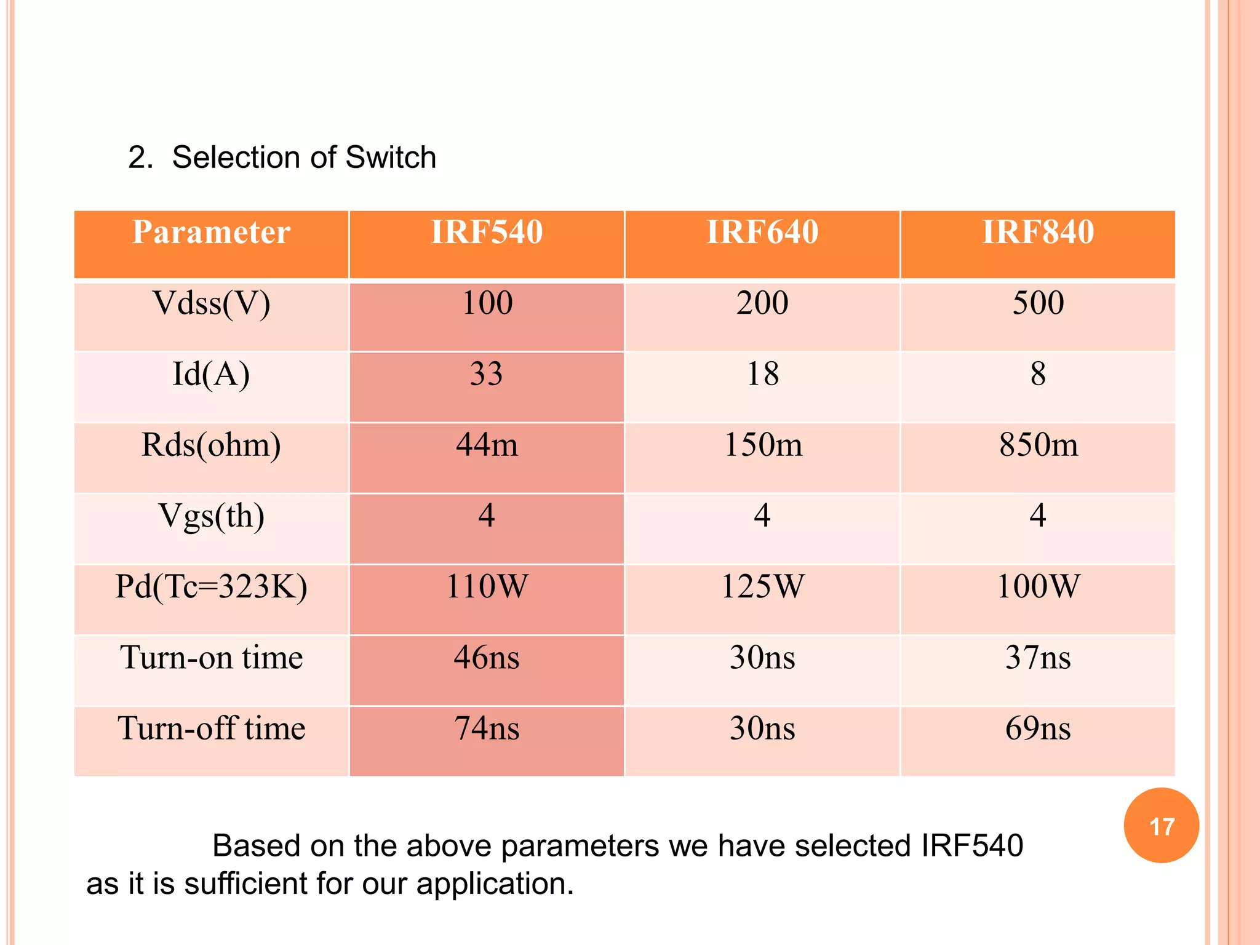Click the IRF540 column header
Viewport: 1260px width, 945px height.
point(487,233)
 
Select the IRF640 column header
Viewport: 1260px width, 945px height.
point(762,233)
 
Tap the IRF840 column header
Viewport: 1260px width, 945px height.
point(1038,233)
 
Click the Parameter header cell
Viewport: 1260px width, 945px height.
point(211,233)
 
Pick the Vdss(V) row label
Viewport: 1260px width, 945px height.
point(211,304)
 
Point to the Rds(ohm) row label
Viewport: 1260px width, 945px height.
point(211,445)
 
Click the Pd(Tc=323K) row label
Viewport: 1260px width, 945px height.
point(211,587)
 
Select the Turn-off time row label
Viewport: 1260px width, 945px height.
point(211,729)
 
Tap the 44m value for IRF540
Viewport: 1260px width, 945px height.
point(487,445)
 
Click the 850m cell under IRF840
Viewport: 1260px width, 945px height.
point(1038,445)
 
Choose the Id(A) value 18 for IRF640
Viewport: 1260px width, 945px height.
point(762,375)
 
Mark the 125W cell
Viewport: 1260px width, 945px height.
point(762,587)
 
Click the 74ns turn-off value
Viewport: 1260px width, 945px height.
point(487,729)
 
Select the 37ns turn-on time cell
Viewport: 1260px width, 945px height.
point(1038,658)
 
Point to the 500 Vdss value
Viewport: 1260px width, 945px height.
point(1038,304)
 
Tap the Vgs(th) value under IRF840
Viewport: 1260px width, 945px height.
point(1038,516)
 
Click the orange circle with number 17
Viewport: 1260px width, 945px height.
point(1161,826)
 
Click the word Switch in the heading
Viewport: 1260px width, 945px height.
point(391,157)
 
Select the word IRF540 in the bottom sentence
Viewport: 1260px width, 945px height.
point(971,846)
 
